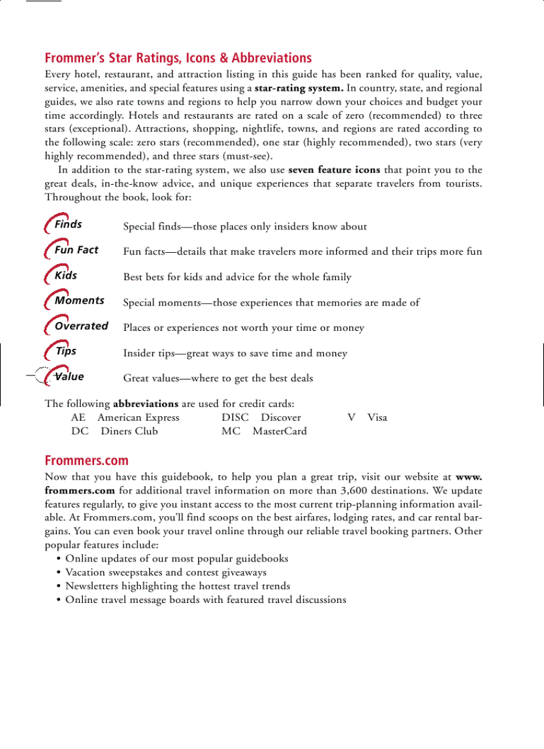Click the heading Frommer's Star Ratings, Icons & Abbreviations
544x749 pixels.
click(x=178, y=58)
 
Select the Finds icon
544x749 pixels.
click(x=63, y=225)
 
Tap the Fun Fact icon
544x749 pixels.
click(x=71, y=250)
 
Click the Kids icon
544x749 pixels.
click(x=61, y=275)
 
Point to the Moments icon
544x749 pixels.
click(x=74, y=301)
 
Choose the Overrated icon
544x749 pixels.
click(x=76, y=326)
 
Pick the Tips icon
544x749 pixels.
click(x=61, y=351)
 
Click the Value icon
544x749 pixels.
click(x=64, y=377)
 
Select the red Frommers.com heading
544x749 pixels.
click(x=87, y=460)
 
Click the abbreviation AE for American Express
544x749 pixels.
click(x=78, y=418)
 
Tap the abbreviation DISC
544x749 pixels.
click(x=235, y=418)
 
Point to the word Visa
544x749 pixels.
click(x=377, y=418)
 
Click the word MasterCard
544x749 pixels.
click(x=279, y=431)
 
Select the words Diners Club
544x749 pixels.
click(x=129, y=431)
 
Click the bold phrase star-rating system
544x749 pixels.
click(x=299, y=88)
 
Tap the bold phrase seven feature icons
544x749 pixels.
click(x=334, y=170)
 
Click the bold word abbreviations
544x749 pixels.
click(x=145, y=404)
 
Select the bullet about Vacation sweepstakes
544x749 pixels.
click(x=165, y=572)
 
